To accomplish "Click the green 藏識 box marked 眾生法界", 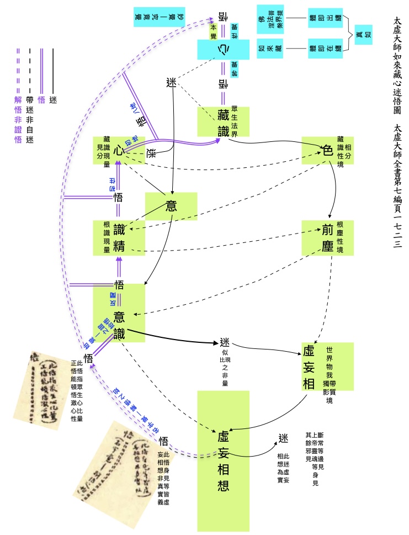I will click(x=224, y=121).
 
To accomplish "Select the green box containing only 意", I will click(x=171, y=206).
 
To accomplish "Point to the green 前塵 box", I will click(x=327, y=237).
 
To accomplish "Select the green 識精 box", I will click(x=119, y=237).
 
